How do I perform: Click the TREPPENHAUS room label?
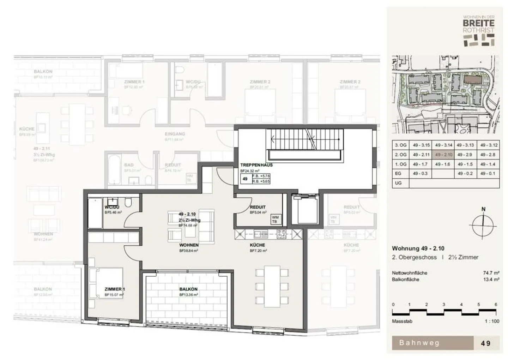(x=256, y=165)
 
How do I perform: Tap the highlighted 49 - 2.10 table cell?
(x=443, y=155)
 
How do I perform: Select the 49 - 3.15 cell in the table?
(x=421, y=145)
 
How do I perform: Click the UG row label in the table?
(x=398, y=183)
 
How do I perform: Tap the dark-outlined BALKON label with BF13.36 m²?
(x=188, y=289)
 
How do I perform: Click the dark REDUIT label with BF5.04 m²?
(x=258, y=207)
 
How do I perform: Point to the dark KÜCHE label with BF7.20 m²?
(x=257, y=245)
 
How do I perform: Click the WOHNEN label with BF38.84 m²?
(x=189, y=245)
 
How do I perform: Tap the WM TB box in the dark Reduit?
(x=274, y=220)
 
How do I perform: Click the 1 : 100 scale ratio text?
(x=491, y=321)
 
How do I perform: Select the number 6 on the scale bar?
(x=496, y=305)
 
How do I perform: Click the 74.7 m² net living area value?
(x=491, y=273)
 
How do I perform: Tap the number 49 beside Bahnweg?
(x=485, y=343)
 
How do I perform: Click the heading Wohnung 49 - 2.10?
(x=418, y=248)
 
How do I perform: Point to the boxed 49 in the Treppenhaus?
(x=245, y=179)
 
